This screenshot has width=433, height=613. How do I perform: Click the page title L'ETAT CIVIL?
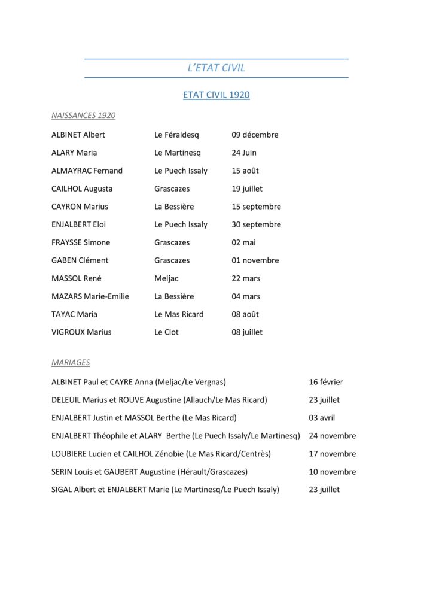click(x=216, y=68)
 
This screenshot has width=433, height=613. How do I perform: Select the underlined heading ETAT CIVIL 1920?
click(x=216, y=95)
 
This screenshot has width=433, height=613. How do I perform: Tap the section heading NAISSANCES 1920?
click(x=83, y=115)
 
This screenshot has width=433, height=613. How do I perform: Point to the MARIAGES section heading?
click(x=71, y=362)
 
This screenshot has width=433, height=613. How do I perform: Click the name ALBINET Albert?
click(x=78, y=135)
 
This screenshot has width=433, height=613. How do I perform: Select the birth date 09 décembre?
click(x=255, y=135)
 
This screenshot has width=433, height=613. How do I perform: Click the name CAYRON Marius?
click(x=80, y=207)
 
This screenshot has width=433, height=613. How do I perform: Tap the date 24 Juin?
click(x=245, y=153)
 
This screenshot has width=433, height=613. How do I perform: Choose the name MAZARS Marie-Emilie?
click(x=90, y=296)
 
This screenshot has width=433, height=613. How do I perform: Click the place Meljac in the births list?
click(x=166, y=278)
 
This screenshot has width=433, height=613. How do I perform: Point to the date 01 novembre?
click(x=255, y=260)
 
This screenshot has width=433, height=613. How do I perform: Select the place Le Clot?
click(x=166, y=332)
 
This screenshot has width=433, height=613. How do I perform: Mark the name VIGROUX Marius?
click(x=81, y=332)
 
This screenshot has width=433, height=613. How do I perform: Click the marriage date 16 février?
click(x=326, y=382)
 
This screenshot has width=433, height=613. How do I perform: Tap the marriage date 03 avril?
click(x=322, y=418)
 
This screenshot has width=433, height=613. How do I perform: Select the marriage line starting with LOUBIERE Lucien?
click(x=161, y=454)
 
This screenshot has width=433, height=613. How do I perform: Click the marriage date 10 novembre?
click(x=333, y=472)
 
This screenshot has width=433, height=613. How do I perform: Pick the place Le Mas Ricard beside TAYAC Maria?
click(x=179, y=314)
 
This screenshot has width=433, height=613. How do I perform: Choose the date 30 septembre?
click(x=256, y=224)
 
